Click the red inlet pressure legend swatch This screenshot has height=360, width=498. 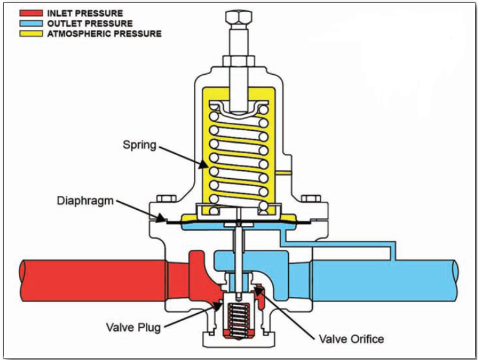point(31,13)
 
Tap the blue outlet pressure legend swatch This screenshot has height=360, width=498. point(31,23)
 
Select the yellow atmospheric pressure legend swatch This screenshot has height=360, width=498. point(31,33)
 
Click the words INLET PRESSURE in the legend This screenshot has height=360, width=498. point(85,13)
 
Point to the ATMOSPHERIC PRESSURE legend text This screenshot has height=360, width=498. point(104,33)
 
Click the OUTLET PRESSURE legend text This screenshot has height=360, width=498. point(90,24)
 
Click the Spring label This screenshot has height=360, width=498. point(139,145)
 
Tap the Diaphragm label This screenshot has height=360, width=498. point(85,201)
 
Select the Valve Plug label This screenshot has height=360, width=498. point(133,327)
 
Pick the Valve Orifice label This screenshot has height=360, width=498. point(351,339)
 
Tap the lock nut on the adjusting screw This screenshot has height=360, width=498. point(238,61)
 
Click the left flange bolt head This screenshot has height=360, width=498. point(167,199)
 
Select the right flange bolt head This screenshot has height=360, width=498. point(311,199)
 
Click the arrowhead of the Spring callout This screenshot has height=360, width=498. point(204,165)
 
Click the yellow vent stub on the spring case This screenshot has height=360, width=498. point(283,173)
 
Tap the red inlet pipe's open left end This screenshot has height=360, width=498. point(23,280)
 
